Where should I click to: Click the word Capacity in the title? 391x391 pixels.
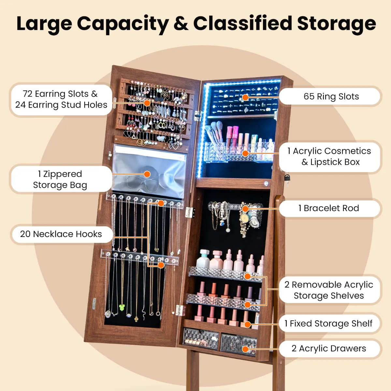pyautogui.click(x=123, y=24)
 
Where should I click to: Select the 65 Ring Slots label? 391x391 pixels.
pyautogui.click(x=331, y=96)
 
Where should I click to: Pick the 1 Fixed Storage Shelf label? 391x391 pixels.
pyautogui.click(x=328, y=324)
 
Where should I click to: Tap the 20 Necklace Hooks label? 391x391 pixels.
pyautogui.click(x=61, y=234)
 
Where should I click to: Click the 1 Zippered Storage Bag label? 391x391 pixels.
pyautogui.click(x=60, y=180)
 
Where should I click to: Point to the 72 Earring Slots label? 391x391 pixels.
pyautogui.click(x=61, y=99)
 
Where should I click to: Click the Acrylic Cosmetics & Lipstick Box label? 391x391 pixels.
pyautogui.click(x=329, y=157)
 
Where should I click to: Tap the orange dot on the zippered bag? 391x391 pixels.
pyautogui.click(x=147, y=174)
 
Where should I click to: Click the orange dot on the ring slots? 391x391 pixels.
pyautogui.click(x=245, y=97)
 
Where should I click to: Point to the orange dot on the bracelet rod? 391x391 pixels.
pyautogui.click(x=245, y=209)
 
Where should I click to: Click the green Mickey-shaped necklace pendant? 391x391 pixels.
pyautogui.click(x=122, y=307)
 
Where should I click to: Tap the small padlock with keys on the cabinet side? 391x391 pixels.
pyautogui.click(x=287, y=180)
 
